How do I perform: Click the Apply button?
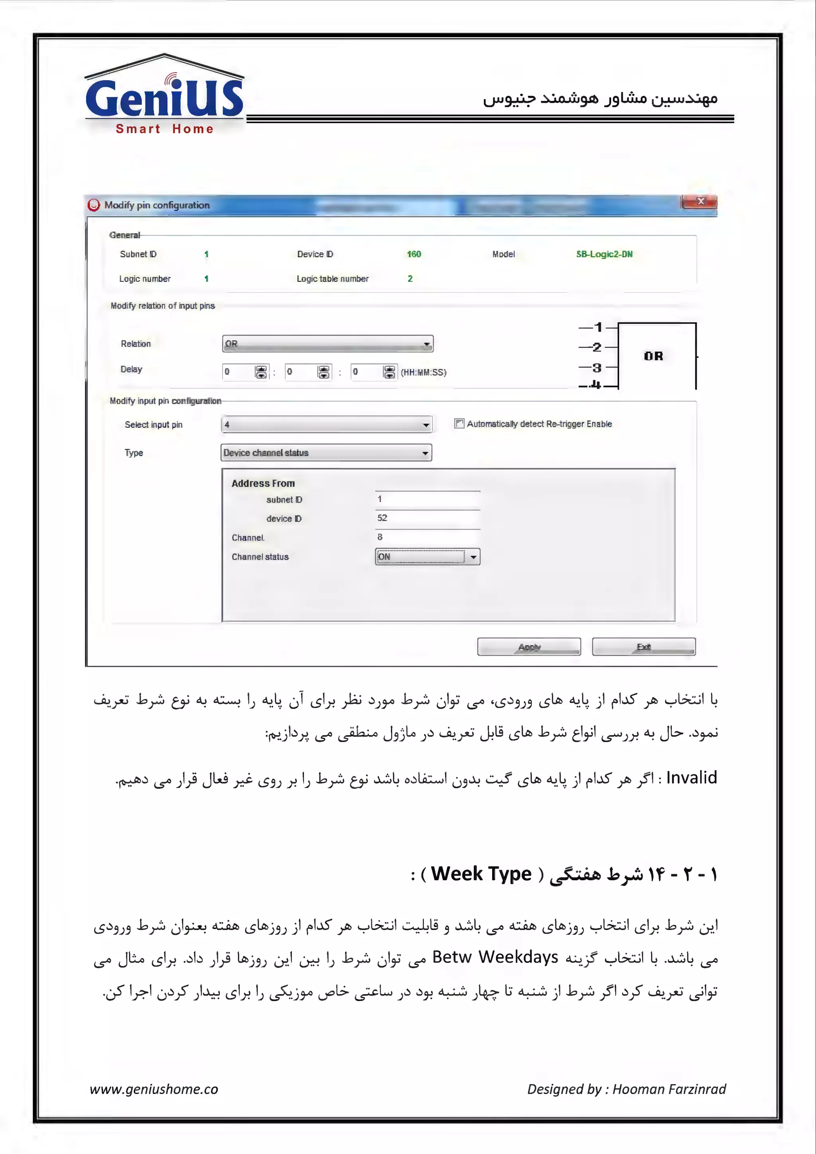coord(529,647)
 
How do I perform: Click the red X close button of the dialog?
coord(700,202)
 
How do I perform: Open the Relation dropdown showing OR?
coord(328,344)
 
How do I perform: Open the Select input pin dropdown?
coord(327,425)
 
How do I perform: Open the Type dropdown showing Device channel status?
coord(326,453)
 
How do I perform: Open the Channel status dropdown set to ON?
coord(428,556)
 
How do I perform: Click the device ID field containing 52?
coord(427,518)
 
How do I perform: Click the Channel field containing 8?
coord(427,537)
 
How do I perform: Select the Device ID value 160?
coord(414,254)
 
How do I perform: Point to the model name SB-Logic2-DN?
coord(604,254)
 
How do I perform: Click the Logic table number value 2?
coord(410,279)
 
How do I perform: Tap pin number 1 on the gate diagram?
coord(598,328)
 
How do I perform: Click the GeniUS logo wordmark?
coord(164,98)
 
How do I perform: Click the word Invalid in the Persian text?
coord(691,778)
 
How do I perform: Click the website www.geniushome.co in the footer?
coord(154,1089)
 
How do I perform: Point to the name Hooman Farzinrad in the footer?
coord(669,1089)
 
